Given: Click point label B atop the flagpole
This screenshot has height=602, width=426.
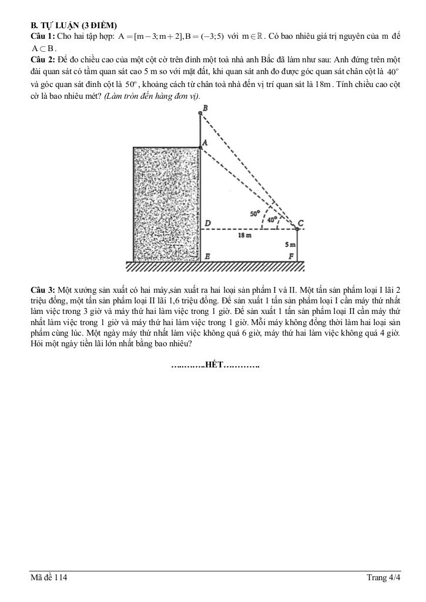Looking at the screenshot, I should point(204,108).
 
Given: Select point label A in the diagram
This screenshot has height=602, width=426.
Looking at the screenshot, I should point(204,143).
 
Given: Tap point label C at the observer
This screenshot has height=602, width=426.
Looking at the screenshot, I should point(301,223).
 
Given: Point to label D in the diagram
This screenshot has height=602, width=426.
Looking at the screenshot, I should point(207,222).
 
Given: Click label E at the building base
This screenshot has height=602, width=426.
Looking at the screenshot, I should point(207,256).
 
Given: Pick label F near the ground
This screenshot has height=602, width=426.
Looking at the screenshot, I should point(291,256).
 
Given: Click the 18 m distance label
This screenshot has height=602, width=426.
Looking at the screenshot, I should point(244,235).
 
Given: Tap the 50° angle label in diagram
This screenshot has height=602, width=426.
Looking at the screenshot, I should point(255,214).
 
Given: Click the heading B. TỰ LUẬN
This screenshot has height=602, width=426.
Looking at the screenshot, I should point(74,25).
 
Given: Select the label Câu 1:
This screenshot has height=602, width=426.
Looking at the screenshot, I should point(43,36).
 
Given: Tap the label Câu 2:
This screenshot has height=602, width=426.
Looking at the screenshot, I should point(43,60).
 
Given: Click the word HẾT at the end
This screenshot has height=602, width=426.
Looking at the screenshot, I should point(214,365).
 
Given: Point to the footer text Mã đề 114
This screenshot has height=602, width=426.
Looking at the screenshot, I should point(49,578).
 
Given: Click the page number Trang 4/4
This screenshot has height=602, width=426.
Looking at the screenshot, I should point(383,578).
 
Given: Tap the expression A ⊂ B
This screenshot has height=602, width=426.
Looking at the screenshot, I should point(43,48).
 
